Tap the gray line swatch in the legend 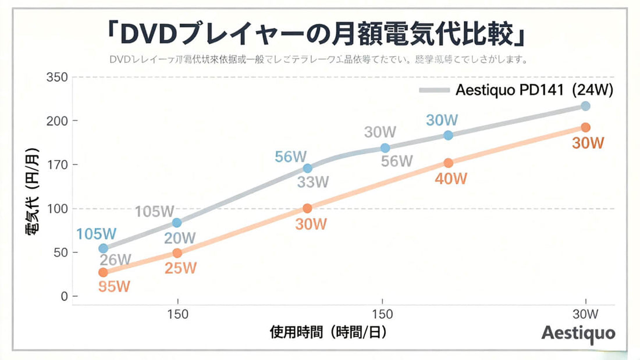coord(434,90)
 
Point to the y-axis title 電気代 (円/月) coord(33,193)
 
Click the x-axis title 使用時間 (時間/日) coord(329,333)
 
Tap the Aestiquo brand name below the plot coord(578,332)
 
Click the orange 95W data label coord(114,286)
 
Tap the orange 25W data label coord(180,268)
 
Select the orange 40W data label coord(451,179)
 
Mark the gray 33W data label coord(313,182)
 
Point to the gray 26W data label coord(115,259)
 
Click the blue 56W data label coord(291,156)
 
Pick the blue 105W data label coord(97,234)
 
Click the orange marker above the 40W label coord(448,163)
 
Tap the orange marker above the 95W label coord(104,272)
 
